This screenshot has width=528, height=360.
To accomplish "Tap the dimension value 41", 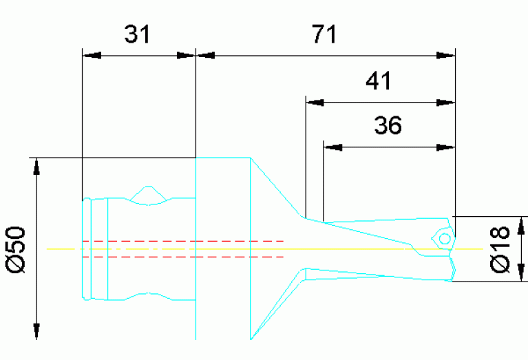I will [x=378, y=81].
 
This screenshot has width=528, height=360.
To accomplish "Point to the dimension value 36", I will [x=388, y=126].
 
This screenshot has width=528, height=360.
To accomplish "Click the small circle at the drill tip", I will [x=444, y=238].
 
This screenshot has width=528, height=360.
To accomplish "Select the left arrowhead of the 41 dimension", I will [x=314, y=103].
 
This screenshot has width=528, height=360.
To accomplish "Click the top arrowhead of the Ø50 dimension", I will [x=37, y=166].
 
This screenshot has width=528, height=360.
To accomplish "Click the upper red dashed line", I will [x=182, y=241].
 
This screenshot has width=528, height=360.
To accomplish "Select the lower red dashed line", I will [x=182, y=257].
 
